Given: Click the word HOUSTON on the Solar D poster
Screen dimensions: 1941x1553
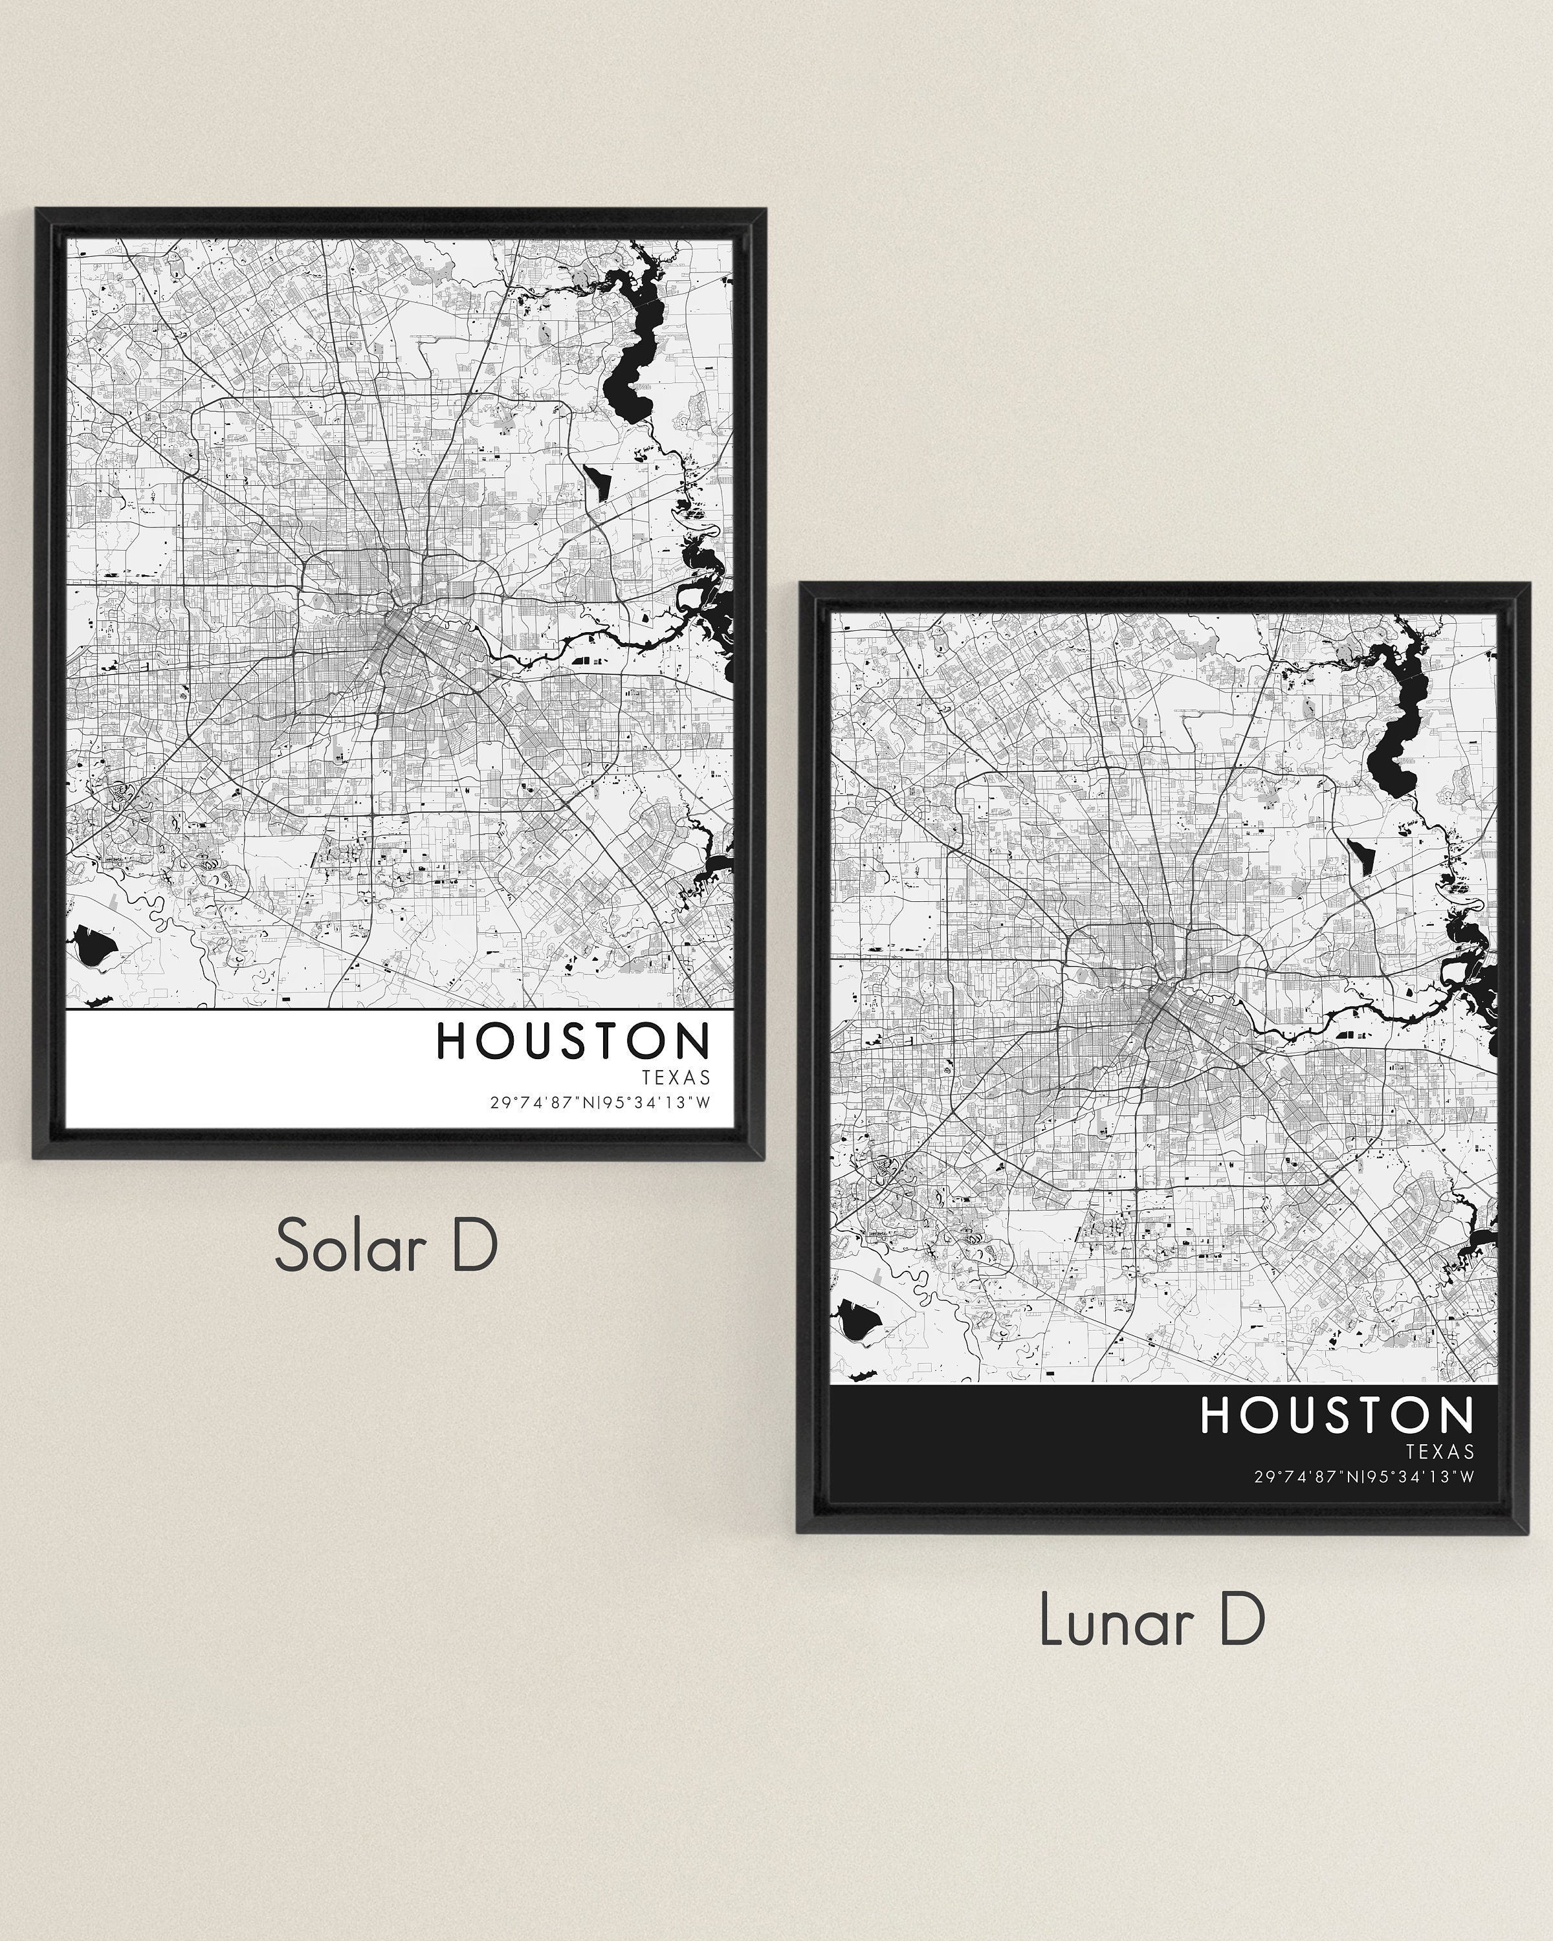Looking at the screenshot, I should (x=573, y=1041).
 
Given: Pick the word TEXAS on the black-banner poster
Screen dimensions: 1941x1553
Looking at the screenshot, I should (x=1440, y=1451).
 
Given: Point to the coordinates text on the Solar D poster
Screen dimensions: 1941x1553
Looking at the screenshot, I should (x=600, y=1103).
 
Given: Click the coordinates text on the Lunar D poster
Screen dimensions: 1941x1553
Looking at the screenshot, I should (x=1365, y=1476).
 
